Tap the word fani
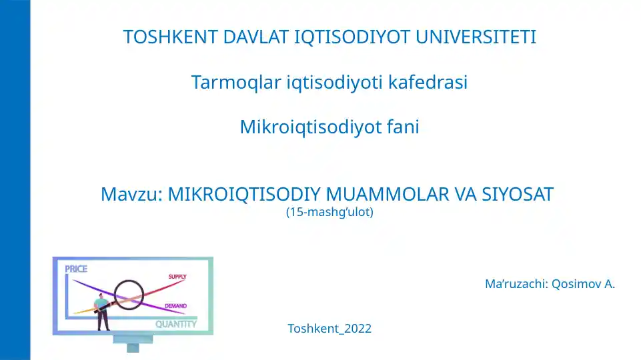pyautogui.click(x=402, y=127)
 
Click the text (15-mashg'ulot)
pyautogui.click(x=329, y=213)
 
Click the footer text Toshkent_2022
pyautogui.click(x=330, y=328)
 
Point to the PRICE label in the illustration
pyautogui.click(x=76, y=269)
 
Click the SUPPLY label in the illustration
pyautogui.click(x=177, y=276)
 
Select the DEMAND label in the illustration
pyautogui.click(x=175, y=306)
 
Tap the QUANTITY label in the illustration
pyautogui.click(x=176, y=324)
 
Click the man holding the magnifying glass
pyautogui.click(x=102, y=312)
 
